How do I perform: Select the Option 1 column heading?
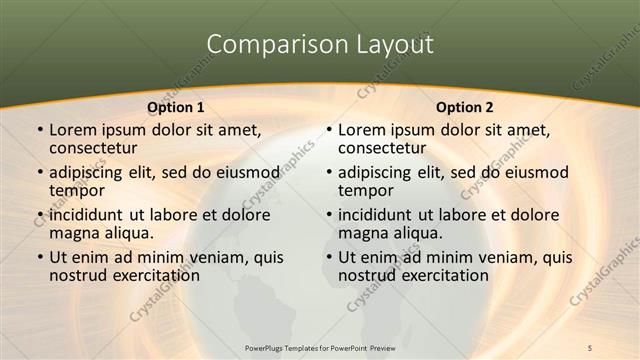(176, 107)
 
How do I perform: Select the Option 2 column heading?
(465, 107)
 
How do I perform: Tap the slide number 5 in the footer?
(591, 347)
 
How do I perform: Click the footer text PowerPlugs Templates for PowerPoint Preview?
(320, 347)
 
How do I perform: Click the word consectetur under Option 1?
(95, 148)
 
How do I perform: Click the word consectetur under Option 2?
(384, 148)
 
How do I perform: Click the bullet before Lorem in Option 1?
(39, 130)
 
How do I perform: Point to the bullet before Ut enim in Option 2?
(328, 257)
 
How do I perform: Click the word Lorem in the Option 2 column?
(362, 130)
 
